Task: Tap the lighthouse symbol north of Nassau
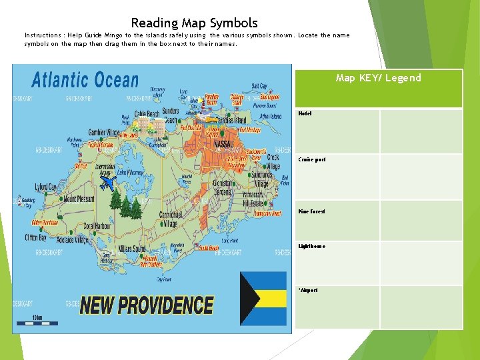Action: point(199,101)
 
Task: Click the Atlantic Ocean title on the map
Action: point(85,81)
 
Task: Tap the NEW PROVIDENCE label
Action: point(147,305)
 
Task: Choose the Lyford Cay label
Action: point(46,187)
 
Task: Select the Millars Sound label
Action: point(131,249)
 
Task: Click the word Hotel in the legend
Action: point(305,114)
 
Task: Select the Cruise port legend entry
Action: point(312,160)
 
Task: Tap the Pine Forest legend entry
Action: point(312,211)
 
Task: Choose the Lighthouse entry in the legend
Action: point(312,246)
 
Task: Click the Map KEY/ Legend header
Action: point(378,78)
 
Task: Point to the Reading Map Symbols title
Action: point(194,23)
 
